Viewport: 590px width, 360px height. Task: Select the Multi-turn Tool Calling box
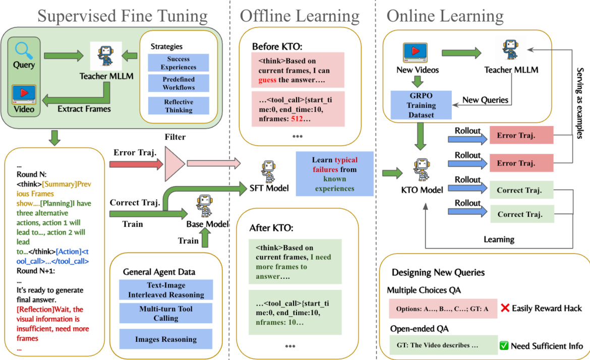(x=166, y=313)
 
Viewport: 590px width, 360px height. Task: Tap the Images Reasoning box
(x=166, y=339)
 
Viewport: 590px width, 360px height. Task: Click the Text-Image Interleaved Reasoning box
(x=166, y=290)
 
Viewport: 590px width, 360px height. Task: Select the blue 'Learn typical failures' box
(x=334, y=174)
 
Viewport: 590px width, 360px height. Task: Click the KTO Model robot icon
(x=421, y=169)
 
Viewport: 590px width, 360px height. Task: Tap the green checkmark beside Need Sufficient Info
(x=503, y=346)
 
